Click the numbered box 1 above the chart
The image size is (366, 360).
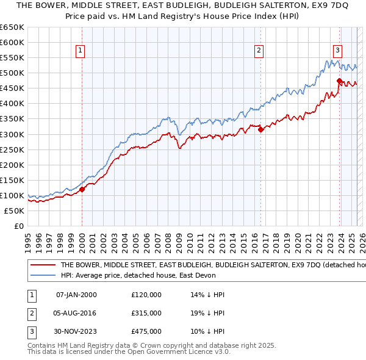tap(81, 51)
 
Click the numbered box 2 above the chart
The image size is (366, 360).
tap(259, 51)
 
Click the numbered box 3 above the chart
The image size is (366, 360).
tap(338, 51)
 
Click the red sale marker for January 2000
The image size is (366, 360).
tap(82, 189)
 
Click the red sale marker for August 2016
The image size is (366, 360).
tap(260, 129)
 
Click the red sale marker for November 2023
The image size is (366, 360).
tap(339, 81)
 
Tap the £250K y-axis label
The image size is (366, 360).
tap(12, 149)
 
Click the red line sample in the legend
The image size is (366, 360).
tap(43, 265)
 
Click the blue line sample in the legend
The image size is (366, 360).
tap(43, 276)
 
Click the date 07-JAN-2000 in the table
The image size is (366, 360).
tap(76, 295)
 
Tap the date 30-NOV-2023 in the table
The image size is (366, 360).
tap(76, 331)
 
